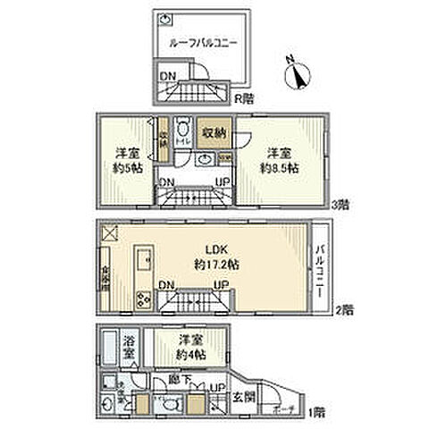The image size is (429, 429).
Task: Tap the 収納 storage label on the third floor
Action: point(212,130)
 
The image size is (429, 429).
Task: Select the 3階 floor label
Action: point(339,204)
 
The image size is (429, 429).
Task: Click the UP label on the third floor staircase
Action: point(223,182)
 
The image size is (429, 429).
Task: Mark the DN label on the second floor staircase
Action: point(166,285)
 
